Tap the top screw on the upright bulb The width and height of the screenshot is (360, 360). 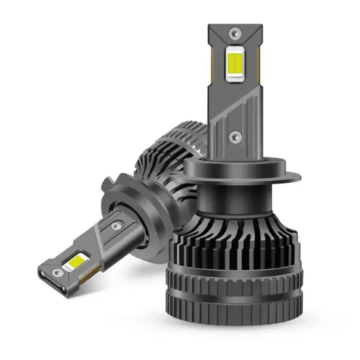tap(235, 33)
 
